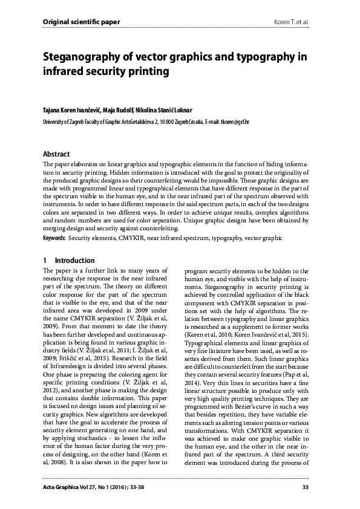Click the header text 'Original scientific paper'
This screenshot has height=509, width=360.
coord(81,22)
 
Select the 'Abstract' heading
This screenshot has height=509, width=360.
coord(56,154)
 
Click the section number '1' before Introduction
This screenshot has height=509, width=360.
coord(45,261)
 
